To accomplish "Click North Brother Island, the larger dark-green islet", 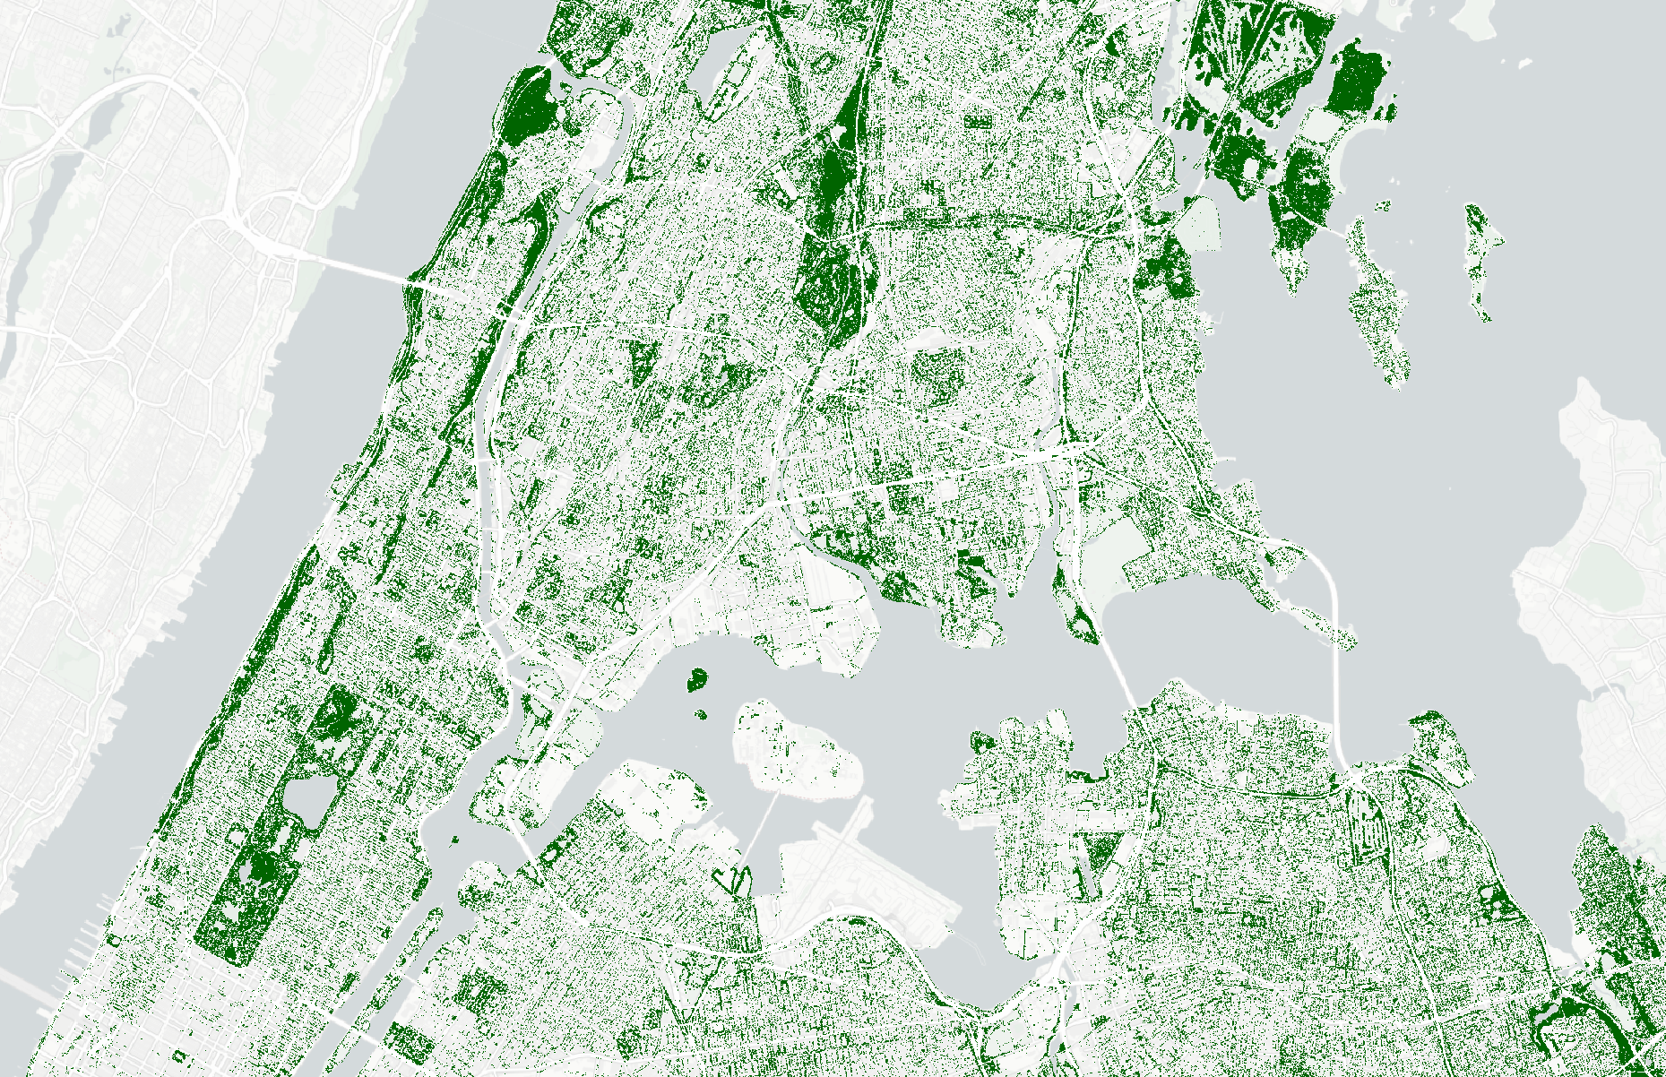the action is (x=695, y=679).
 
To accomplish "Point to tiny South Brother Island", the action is (x=701, y=715).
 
